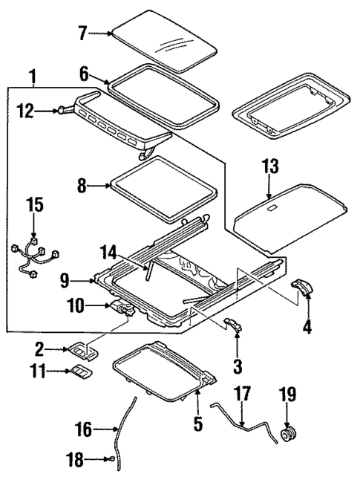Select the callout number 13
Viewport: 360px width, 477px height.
tap(269, 169)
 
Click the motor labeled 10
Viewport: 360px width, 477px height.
tap(121, 305)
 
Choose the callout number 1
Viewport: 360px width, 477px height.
tap(31, 76)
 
